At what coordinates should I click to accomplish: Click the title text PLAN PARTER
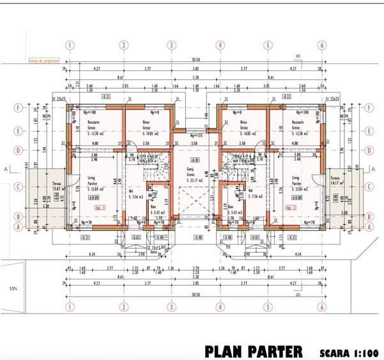pos(254,351)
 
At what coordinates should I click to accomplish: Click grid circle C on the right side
pos(370,187)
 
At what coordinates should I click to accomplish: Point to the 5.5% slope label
pos(12,289)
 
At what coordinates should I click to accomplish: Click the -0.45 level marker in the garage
pos(194,160)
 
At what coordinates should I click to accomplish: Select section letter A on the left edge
pos(6,170)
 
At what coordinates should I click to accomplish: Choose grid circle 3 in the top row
pos(171,45)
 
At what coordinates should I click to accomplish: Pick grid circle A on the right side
pos(370,226)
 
